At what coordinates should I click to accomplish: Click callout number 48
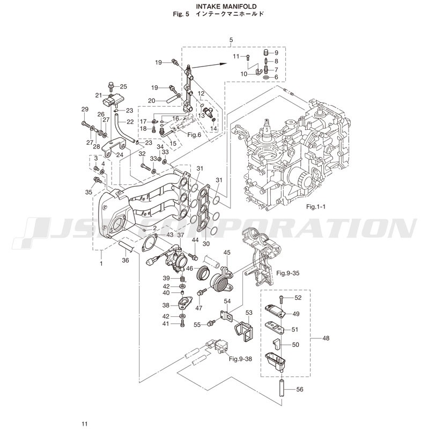pos(327,338)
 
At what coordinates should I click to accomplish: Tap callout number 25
pos(123,86)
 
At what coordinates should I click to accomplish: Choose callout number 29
pos(84,110)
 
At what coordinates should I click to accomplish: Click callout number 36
pos(125,261)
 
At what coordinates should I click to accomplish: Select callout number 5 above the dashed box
pos(231,40)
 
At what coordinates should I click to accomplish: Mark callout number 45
pos(227,253)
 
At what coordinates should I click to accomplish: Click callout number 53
pos(249,312)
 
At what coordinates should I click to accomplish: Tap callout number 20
pos(152,101)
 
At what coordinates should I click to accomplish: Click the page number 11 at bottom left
pos(84,424)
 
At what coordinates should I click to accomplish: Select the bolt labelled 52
pos(282,298)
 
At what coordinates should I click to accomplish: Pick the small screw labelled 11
pos(248,56)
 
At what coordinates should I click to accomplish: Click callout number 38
pos(166,305)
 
